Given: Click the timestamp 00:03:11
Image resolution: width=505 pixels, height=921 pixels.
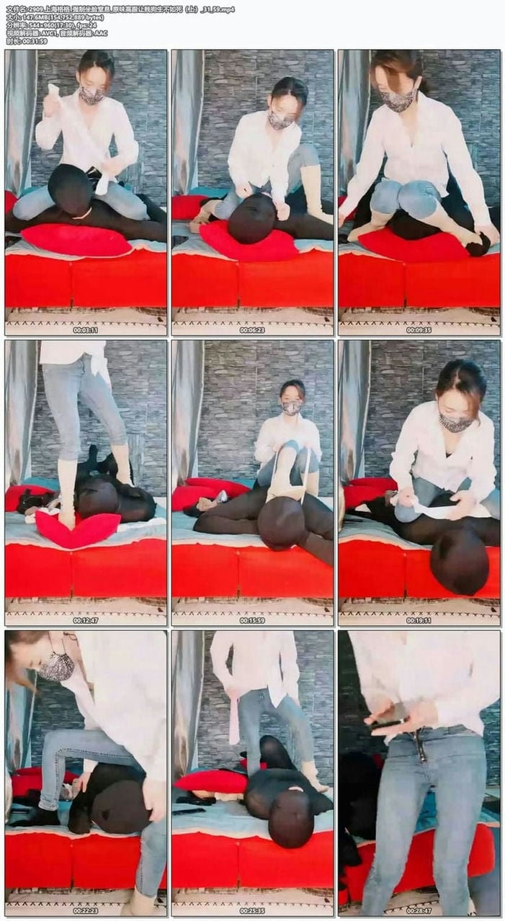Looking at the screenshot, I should point(85,330).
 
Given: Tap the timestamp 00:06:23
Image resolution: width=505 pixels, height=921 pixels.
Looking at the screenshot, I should point(252,330).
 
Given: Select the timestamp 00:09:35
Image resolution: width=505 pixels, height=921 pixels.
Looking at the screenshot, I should point(419,330).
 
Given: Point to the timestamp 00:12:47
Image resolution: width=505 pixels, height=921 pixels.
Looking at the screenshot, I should point(85,620).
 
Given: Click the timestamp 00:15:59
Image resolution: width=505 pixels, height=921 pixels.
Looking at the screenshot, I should point(252,620).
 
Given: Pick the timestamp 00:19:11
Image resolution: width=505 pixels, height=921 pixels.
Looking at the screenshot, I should point(419,620).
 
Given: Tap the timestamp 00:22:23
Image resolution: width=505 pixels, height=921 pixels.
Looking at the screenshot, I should point(85,910).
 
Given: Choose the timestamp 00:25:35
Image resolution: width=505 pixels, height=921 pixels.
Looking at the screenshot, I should point(252,910).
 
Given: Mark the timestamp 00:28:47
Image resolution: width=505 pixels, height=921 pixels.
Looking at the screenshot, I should point(419,910).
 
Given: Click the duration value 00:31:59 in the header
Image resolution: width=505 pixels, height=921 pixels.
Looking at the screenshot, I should point(35,41).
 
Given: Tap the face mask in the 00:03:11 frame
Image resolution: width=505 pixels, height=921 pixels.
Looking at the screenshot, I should point(91,95).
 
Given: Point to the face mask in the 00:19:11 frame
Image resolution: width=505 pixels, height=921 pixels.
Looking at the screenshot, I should point(455,422).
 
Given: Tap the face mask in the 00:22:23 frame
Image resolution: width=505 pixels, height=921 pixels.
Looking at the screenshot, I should point(57,666).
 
